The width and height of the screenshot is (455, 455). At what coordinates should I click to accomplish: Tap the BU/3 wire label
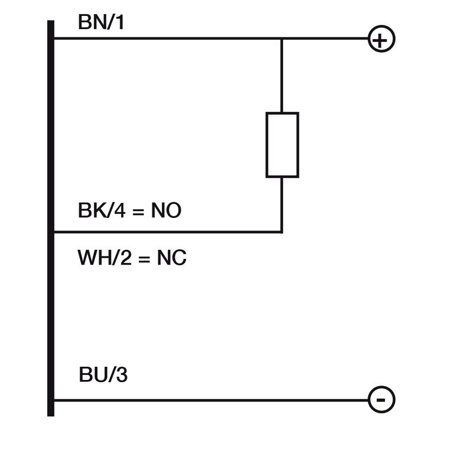103,375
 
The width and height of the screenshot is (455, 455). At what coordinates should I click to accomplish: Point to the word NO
166,211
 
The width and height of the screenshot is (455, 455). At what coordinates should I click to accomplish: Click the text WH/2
102,259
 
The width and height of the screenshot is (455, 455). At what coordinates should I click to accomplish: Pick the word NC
172,259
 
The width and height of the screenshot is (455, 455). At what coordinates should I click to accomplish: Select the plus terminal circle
382,39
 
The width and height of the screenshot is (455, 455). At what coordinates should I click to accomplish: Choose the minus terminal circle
382,400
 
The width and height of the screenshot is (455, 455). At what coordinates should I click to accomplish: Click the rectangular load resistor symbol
282,144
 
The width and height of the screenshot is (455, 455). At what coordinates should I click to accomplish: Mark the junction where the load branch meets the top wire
282,39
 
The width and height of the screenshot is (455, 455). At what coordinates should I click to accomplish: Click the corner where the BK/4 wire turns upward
282,232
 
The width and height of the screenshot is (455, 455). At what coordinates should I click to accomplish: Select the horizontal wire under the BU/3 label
210,400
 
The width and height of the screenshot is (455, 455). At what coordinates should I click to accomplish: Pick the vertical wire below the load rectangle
282,205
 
